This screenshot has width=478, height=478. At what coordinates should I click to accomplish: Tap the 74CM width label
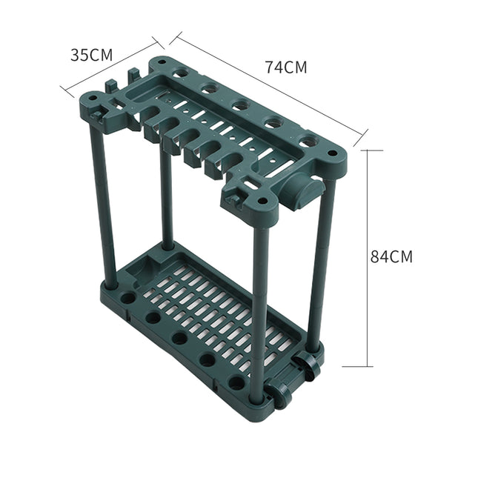285,67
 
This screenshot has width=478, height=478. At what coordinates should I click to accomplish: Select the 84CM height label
391,256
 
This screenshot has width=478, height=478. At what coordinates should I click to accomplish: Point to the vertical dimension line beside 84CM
363,256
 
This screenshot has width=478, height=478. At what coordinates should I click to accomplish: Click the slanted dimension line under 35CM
111,67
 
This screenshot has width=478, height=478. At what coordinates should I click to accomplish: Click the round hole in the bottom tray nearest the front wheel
237,383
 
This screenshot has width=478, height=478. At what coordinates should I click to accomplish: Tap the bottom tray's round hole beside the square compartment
128,298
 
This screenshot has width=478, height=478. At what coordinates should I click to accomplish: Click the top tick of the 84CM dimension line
363,150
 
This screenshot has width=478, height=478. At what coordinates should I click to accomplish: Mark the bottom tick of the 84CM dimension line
363,365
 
